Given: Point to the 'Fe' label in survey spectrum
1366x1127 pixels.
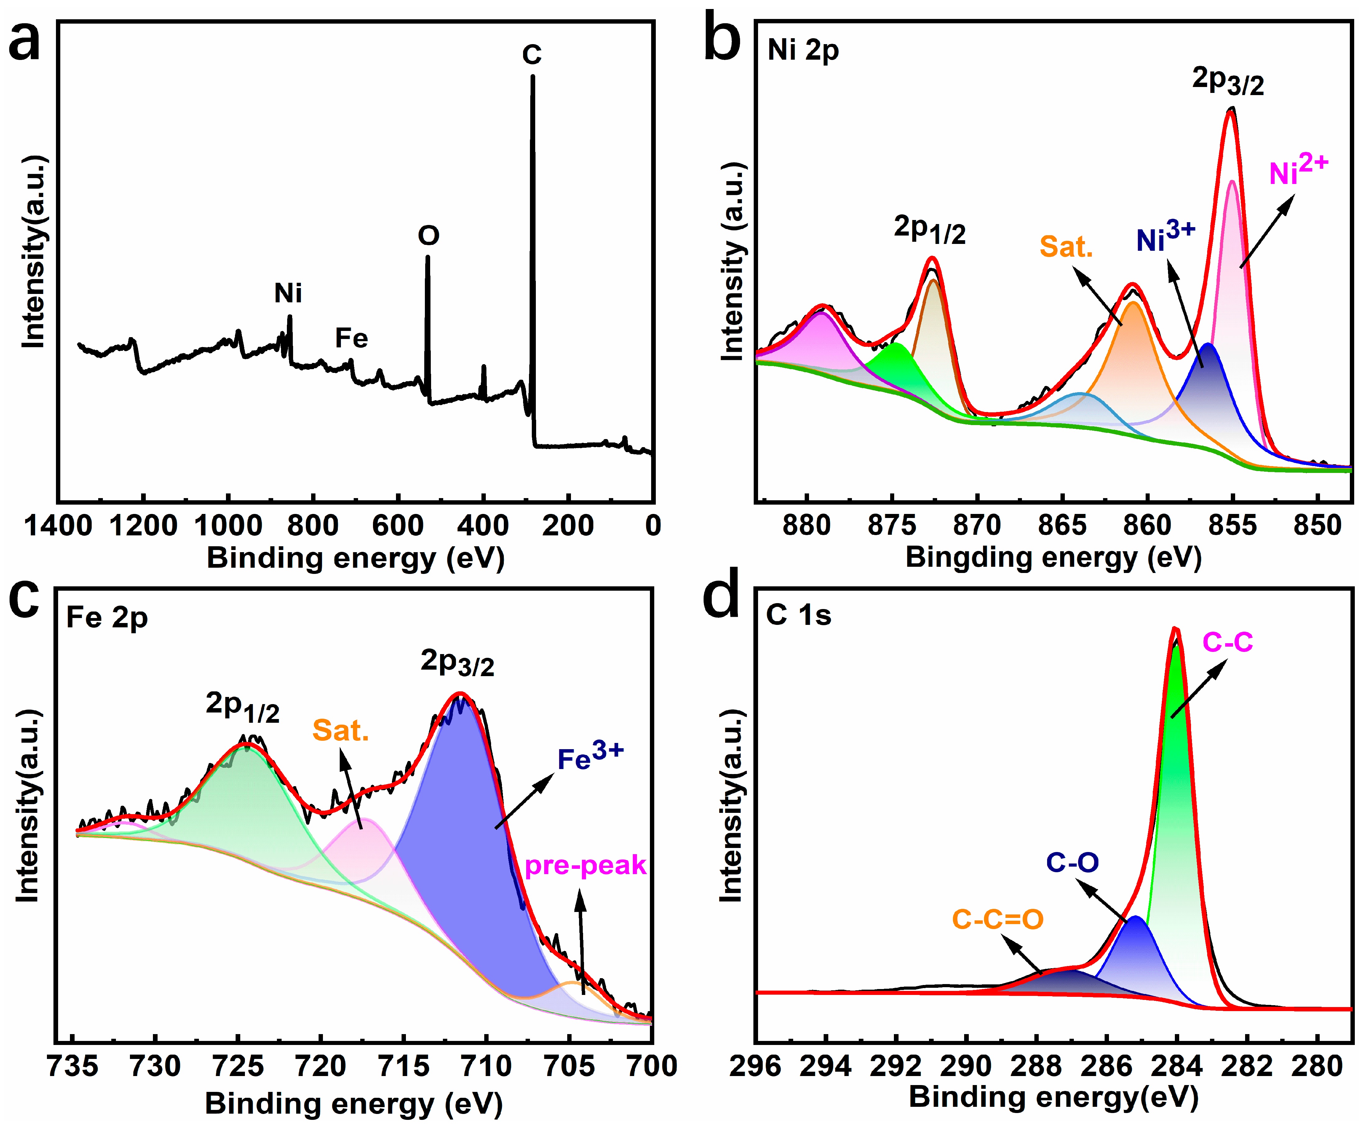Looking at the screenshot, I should pos(351,337).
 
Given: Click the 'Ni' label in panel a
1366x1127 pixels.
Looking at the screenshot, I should pos(287,293).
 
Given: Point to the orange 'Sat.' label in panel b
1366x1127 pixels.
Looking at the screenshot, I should pos(1066,247).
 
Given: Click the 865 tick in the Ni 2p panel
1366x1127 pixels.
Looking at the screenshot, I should pos(1062,525).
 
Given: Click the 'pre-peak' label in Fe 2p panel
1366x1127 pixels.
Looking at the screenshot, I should pos(585,865).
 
